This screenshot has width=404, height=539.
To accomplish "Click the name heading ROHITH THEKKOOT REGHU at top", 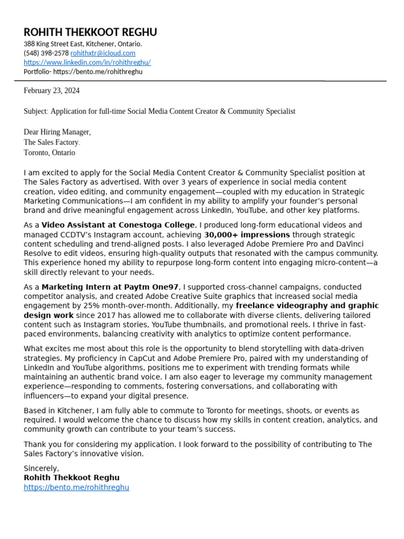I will pos(90,33).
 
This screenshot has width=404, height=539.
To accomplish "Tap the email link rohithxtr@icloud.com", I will pos(103,53).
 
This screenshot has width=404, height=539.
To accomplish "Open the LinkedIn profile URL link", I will pos(87,62).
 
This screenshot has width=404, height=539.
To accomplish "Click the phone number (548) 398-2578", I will pos(46,53).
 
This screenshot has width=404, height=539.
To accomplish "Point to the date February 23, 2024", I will pos(52,91).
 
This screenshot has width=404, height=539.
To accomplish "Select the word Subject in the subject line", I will pos(35,112).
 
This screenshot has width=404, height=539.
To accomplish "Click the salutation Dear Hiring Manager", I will pos(57,132).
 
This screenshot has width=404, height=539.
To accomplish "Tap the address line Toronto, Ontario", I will pos(49,153).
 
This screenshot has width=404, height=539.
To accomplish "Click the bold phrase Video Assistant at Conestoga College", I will pos(118,225).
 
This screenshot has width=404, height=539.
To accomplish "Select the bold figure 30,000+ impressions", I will pos(247,235).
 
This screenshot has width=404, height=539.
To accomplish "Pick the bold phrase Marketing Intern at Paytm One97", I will pos(110,287).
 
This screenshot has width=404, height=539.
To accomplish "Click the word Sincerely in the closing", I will pos(41,468).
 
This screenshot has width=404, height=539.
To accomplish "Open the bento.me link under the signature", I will pos(76,487).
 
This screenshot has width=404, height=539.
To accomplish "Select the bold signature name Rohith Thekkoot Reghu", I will pos(72,478).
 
